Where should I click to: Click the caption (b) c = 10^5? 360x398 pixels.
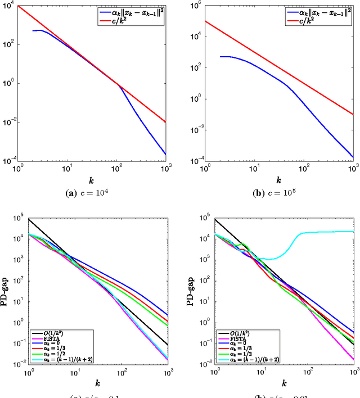(x=279, y=193)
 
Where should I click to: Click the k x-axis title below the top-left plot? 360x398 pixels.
(x=92, y=181)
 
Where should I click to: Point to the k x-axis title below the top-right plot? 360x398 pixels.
(x=279, y=181)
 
